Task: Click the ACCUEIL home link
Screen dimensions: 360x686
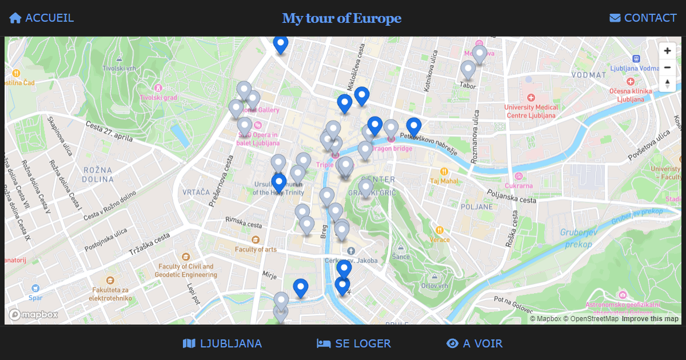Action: [x=42, y=18]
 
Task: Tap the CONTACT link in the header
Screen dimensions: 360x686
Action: [x=643, y=18]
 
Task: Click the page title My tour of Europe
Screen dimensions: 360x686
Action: [x=342, y=18]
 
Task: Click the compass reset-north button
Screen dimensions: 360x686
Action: [x=667, y=83]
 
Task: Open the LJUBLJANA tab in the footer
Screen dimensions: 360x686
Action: [x=222, y=343]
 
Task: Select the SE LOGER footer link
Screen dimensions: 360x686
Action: [x=354, y=343]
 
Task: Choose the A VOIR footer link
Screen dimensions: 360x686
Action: [x=474, y=343]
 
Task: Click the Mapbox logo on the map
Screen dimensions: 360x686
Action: [x=33, y=315]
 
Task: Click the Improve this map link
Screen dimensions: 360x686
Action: [x=650, y=319]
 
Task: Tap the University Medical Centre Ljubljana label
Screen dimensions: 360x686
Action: [x=531, y=111]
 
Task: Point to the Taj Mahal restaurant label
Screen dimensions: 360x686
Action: [x=444, y=181]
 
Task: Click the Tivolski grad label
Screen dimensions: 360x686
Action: [x=158, y=97]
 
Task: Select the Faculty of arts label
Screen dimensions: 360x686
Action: [x=256, y=249]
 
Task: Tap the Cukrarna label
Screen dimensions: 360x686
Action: [x=519, y=185]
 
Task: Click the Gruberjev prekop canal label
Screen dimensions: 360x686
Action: [x=577, y=238]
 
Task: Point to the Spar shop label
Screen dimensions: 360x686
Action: [x=35, y=297]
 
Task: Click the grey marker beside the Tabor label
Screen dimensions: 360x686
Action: [x=468, y=70]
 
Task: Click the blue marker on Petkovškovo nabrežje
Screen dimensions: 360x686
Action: [x=414, y=127]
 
